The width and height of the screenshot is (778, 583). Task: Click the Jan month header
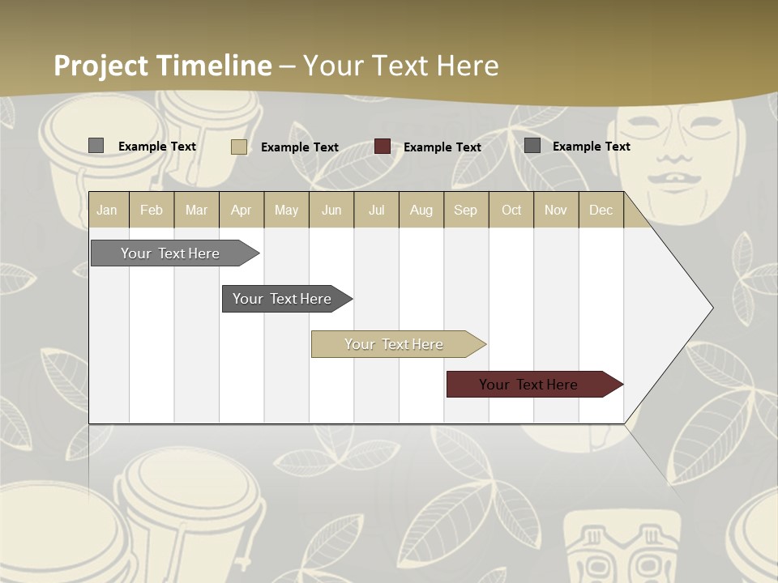(x=107, y=210)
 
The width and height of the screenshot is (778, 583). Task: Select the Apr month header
(x=242, y=210)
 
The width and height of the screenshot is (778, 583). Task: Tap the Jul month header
(x=376, y=210)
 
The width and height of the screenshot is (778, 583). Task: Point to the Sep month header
(x=465, y=210)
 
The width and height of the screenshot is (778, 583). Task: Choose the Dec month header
(x=601, y=210)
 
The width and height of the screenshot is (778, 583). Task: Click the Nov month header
(x=556, y=210)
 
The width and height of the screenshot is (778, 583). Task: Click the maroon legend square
(x=383, y=147)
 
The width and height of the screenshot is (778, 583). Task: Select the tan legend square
(x=239, y=147)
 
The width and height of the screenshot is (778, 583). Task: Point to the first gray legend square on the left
(x=96, y=146)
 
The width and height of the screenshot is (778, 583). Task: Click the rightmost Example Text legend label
(x=591, y=146)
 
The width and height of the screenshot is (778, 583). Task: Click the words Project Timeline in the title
(x=162, y=66)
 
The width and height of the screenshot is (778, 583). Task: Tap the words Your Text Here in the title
(x=400, y=66)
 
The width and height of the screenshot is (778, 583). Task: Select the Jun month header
(x=331, y=210)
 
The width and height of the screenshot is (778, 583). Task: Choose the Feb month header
(x=152, y=210)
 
